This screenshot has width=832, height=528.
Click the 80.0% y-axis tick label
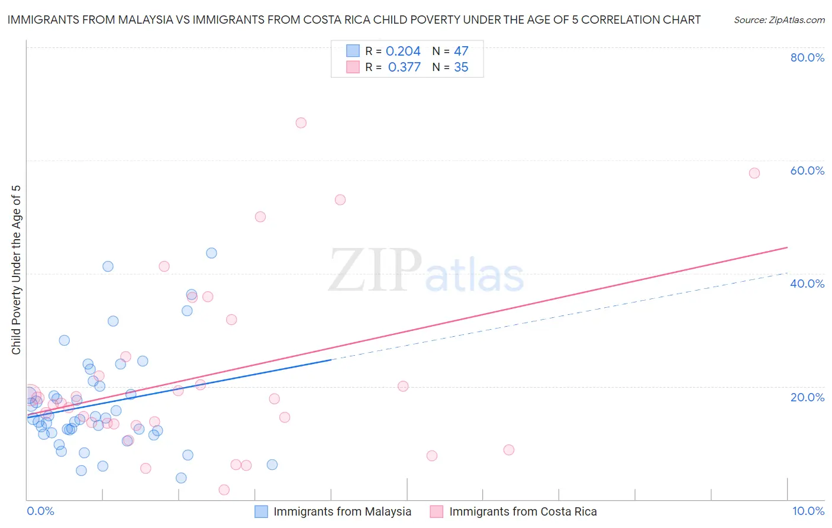[807, 57]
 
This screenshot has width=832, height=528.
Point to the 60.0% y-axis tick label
[807, 170]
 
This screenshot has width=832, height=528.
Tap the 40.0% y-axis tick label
[807, 284]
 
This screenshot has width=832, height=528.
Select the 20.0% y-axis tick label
[807, 397]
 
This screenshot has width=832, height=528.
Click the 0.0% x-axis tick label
[40, 511]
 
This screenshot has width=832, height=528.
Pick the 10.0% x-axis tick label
[808, 511]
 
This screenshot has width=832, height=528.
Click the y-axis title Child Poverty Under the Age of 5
[17, 269]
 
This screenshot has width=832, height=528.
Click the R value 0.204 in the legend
[403, 51]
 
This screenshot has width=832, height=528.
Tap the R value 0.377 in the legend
[404, 67]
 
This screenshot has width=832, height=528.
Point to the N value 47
[461, 51]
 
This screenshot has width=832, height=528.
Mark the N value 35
[461, 67]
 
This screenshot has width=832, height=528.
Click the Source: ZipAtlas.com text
[779, 20]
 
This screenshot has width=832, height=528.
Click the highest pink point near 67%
[301, 123]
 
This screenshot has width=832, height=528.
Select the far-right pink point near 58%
[754, 173]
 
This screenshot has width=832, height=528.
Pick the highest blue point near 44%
[211, 253]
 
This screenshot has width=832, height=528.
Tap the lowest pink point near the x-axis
[224, 490]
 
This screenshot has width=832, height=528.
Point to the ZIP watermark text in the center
[375, 271]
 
